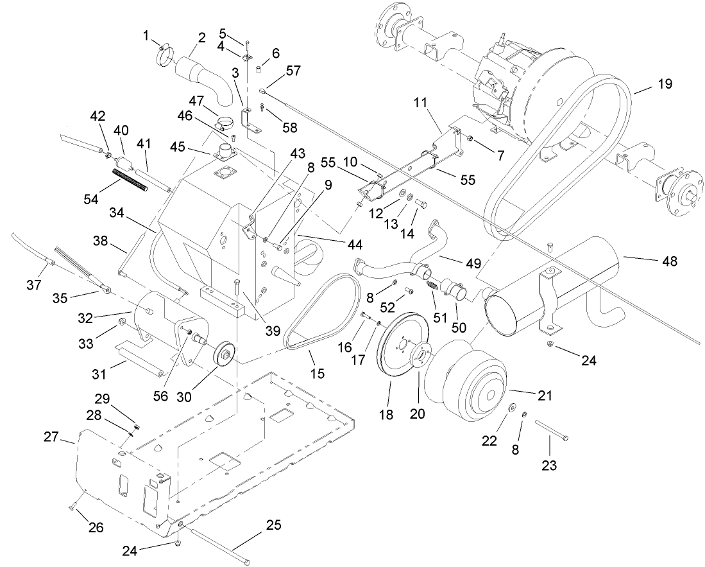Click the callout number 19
665,84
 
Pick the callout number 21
545,396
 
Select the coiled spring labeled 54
131,179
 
